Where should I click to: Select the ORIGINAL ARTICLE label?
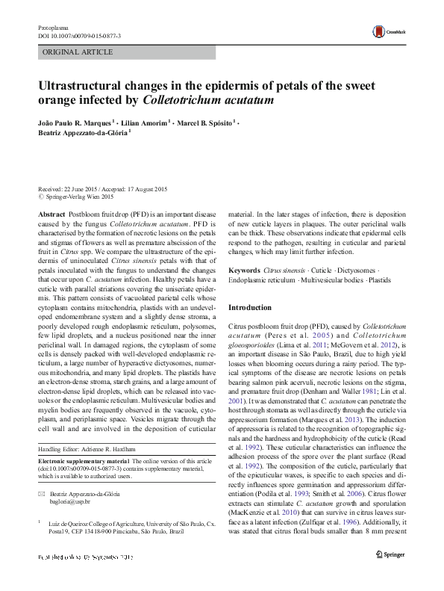coord(78,52)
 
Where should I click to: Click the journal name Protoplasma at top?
coord(52,27)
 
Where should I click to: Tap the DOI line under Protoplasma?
coord(79,36)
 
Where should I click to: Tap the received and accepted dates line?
coord(102,189)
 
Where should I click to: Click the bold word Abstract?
coord(51,213)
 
